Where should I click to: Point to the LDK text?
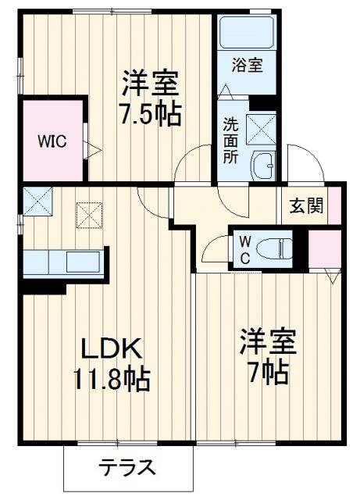108,347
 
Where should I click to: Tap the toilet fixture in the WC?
278,248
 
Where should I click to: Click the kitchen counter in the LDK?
62,261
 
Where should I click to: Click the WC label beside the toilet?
244,249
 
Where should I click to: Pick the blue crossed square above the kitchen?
36,202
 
